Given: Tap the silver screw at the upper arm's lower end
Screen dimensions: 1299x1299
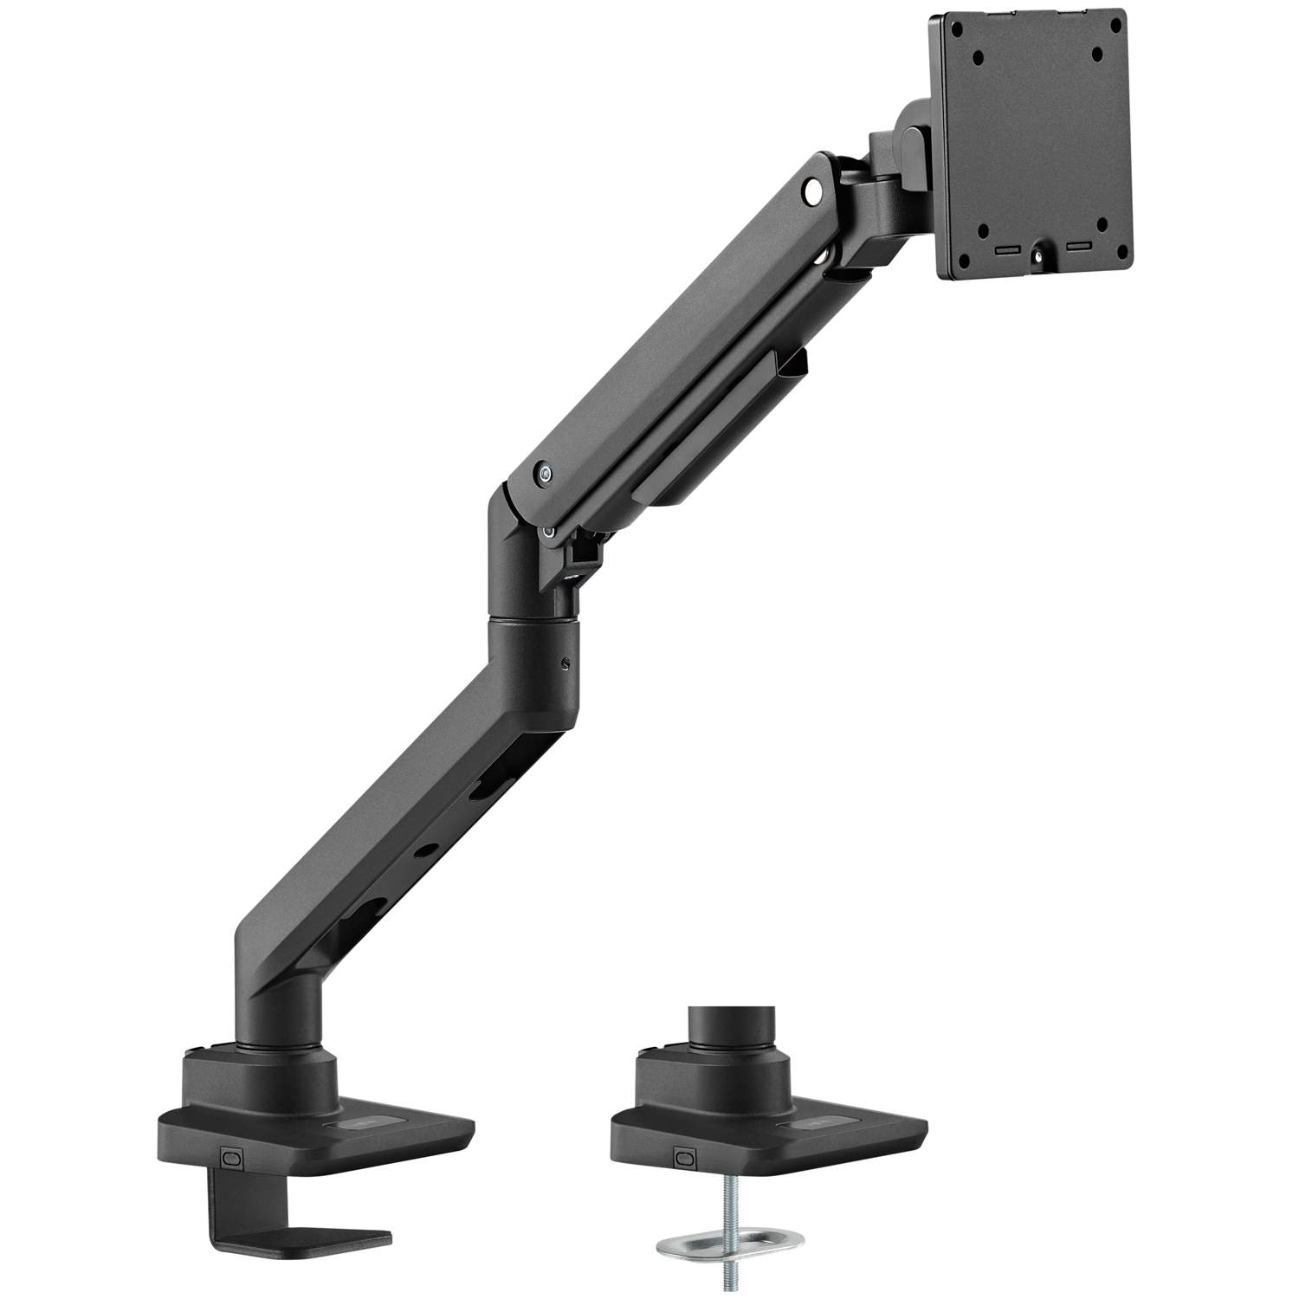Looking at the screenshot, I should (543, 474).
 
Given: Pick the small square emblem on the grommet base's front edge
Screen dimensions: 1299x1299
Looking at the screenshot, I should (685, 1157).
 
